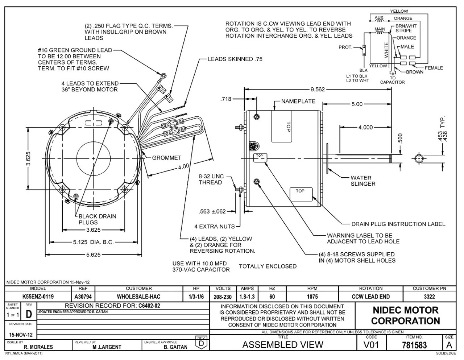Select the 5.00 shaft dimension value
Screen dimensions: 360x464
(357, 104)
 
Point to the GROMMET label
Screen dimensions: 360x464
(167, 158)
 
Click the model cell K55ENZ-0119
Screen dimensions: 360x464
(38, 297)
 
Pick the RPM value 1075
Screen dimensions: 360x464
(312, 297)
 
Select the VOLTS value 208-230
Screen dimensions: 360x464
(223, 297)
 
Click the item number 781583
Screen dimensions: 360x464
(414, 345)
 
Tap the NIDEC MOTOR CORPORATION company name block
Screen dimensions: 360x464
(405, 315)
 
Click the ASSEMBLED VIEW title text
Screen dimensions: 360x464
(282, 344)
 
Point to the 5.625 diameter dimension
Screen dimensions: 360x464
(93, 255)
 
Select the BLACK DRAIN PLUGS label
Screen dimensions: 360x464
(98, 219)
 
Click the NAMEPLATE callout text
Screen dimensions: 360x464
(298, 102)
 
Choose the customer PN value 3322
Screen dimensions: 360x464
(429, 297)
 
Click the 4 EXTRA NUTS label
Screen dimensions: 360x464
(215, 227)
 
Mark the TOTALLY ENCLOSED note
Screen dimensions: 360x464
(268, 266)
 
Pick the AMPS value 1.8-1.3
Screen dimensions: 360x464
(247, 297)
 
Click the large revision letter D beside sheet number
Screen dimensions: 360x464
(30, 314)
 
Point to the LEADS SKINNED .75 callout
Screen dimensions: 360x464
(235, 59)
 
